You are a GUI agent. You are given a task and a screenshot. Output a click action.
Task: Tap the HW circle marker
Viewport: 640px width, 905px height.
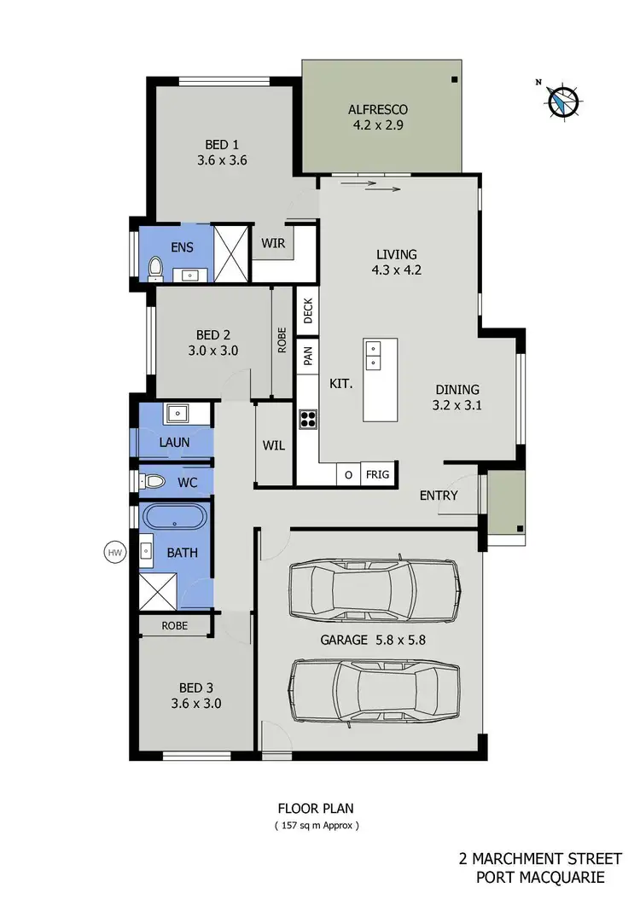pos(114,552)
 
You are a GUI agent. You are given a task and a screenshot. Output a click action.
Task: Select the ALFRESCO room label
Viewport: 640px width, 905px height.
pos(377,109)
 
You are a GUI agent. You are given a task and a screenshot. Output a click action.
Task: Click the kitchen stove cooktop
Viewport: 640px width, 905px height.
pos(307,419)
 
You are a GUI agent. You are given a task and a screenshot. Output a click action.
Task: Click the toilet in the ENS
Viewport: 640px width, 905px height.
pos(155,268)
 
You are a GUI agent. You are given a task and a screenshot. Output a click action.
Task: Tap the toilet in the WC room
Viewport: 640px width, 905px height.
pos(154,482)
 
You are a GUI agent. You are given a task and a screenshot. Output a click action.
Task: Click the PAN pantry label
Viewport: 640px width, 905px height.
pos(306,355)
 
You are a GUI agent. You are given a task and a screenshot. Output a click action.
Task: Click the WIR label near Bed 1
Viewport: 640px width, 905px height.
pos(273,243)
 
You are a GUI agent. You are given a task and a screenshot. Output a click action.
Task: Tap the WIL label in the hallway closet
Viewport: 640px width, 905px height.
pos(274,445)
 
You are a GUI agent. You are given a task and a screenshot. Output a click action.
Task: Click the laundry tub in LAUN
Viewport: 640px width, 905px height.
pos(177,413)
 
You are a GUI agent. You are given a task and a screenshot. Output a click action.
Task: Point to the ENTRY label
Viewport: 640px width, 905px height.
pos(439,496)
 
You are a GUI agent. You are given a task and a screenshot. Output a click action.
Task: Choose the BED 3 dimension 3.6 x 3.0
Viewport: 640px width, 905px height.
pos(190,704)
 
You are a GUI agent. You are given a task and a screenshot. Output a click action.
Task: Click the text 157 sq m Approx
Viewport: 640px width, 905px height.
pos(317,826)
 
